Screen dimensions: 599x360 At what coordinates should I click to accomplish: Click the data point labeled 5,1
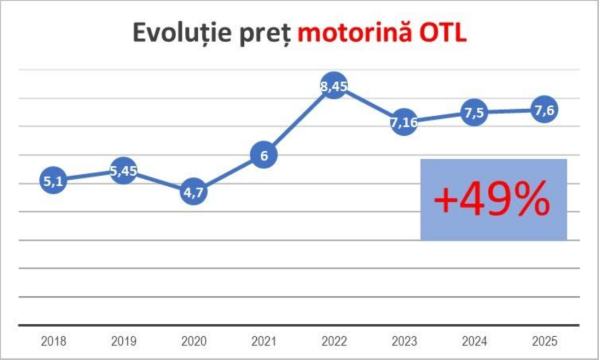pyautogui.click(x=53, y=180)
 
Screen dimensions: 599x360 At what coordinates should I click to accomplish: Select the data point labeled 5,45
pyautogui.click(x=123, y=170)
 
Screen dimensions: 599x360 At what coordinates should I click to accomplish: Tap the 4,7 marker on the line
pyautogui.click(x=194, y=191)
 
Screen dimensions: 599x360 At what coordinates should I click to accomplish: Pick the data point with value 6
pyautogui.click(x=264, y=155)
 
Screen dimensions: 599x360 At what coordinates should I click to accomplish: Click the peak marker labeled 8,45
pyautogui.click(x=334, y=85)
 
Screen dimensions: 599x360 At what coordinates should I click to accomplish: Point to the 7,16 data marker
pyautogui.click(x=404, y=122)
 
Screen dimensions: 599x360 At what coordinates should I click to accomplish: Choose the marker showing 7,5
pyautogui.click(x=474, y=112)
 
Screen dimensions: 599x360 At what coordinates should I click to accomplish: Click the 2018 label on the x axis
pyautogui.click(x=53, y=341)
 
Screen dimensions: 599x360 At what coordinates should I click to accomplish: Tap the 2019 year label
pyautogui.click(x=123, y=341)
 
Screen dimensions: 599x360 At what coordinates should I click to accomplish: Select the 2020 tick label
pyautogui.click(x=194, y=341)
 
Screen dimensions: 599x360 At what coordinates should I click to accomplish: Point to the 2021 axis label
pyautogui.click(x=264, y=341)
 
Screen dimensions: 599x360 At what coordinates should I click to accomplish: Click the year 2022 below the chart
pyautogui.click(x=334, y=341)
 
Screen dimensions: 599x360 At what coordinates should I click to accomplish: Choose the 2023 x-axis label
pyautogui.click(x=404, y=341)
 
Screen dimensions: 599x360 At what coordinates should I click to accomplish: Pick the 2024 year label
pyautogui.click(x=474, y=341)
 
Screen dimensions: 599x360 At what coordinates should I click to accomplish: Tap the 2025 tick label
pyautogui.click(x=545, y=341)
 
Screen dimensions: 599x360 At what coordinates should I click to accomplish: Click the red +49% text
pyautogui.click(x=492, y=200)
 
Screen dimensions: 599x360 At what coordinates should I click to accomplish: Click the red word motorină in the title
pyautogui.click(x=355, y=32)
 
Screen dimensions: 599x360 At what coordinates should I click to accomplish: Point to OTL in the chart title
pyautogui.click(x=443, y=33)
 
